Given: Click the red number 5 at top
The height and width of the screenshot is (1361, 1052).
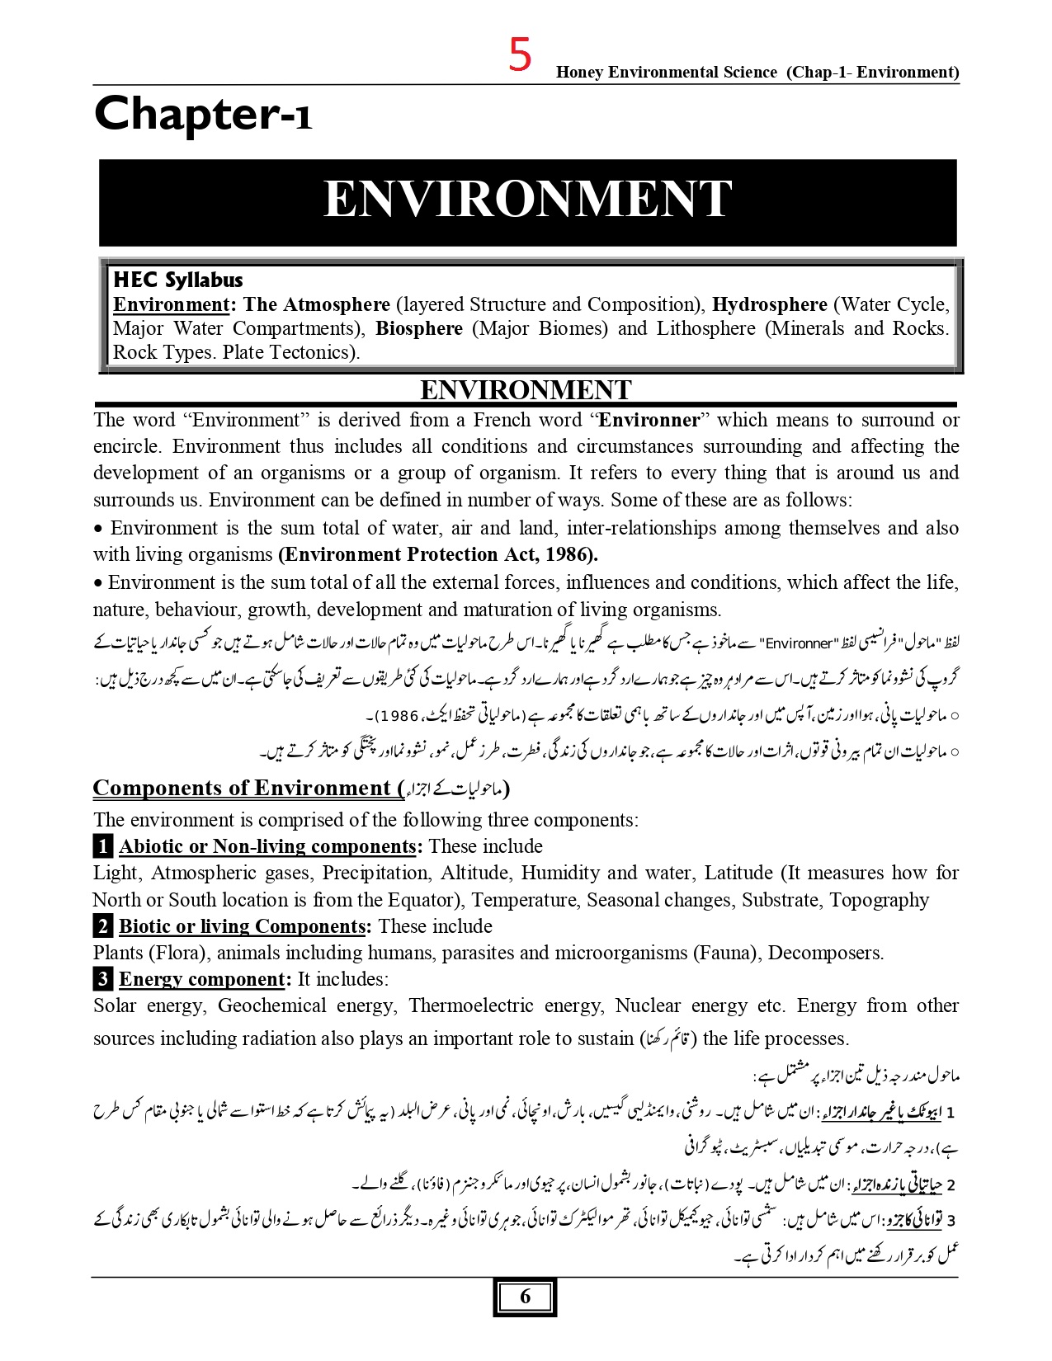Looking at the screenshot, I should pyautogui.click(x=520, y=56).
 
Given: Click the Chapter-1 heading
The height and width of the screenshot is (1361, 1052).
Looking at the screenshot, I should pyautogui.click(x=203, y=115).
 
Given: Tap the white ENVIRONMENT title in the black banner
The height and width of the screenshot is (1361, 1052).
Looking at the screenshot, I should pyautogui.click(x=527, y=200).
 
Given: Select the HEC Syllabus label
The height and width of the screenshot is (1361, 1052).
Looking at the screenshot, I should pyautogui.click(x=177, y=280).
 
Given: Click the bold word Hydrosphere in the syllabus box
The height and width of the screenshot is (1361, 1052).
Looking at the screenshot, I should pyautogui.click(x=769, y=304).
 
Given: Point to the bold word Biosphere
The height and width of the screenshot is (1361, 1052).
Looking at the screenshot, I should pyautogui.click(x=419, y=328).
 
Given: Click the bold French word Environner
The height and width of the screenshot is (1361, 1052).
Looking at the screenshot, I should pyautogui.click(x=649, y=420).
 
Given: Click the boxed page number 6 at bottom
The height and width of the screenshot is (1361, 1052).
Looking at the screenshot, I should pyautogui.click(x=526, y=1297).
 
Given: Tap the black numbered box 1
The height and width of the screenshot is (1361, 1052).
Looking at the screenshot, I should pyautogui.click(x=102, y=846).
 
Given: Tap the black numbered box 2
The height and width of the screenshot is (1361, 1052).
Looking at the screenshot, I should pyautogui.click(x=102, y=926).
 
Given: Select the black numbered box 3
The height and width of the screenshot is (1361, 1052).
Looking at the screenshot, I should pyautogui.click(x=102, y=979).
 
